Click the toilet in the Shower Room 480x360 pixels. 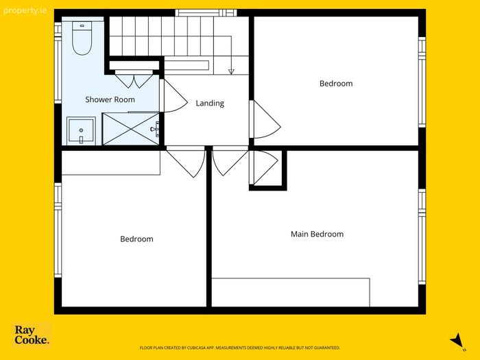(82, 38)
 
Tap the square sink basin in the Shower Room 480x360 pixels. (81, 131)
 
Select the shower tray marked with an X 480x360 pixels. (131, 129)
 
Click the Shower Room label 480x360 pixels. (110, 99)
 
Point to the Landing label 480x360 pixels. (210, 104)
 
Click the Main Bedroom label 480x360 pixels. (317, 235)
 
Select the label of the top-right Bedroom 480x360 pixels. (336, 84)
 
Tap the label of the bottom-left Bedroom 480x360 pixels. (136, 239)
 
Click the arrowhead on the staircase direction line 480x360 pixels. (231, 71)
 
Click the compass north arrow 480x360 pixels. (457, 341)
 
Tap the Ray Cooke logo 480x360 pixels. (32, 335)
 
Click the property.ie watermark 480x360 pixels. (25, 11)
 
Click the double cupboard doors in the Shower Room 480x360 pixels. (134, 80)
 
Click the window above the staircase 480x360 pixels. (206, 12)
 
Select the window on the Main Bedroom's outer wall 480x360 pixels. (422, 237)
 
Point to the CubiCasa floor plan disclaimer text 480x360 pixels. (240, 348)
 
